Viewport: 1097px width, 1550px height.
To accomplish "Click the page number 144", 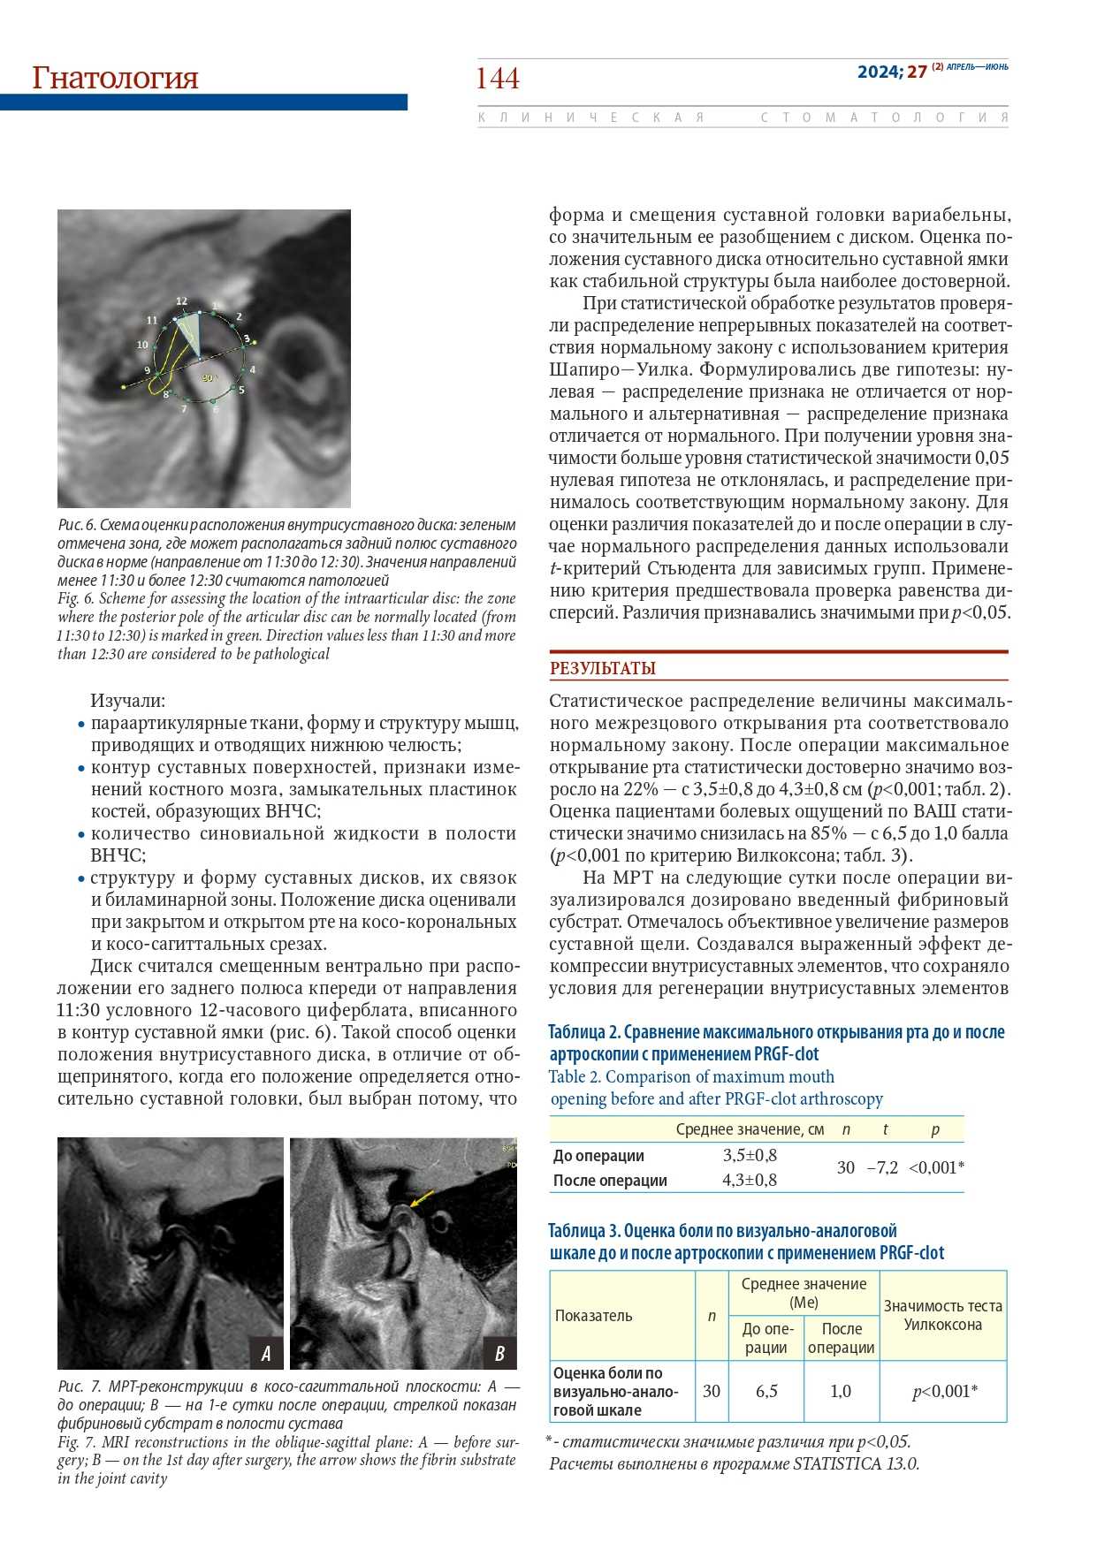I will [x=498, y=79].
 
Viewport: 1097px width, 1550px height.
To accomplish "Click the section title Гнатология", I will [x=115, y=78].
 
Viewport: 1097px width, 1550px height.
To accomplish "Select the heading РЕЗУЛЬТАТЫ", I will [x=603, y=668].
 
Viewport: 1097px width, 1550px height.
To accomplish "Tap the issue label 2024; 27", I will [x=891, y=72].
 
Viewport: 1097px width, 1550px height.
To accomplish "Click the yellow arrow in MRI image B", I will [x=422, y=1197].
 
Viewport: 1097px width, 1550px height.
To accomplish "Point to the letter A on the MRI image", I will [x=265, y=1352].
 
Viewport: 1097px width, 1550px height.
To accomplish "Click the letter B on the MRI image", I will [x=499, y=1352].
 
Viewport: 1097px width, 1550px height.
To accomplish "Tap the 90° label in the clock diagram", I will [x=209, y=377].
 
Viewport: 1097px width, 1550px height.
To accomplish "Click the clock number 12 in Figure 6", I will [x=181, y=301].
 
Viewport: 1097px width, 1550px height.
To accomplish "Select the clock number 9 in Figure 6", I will [x=148, y=371].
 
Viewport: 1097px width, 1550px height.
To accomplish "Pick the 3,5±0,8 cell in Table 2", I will [x=750, y=1155].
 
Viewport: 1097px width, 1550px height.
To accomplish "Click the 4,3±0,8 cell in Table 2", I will [x=750, y=1180].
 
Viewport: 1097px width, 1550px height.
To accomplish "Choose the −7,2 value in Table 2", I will [x=882, y=1167].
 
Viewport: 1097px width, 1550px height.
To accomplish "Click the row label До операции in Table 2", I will [x=598, y=1156].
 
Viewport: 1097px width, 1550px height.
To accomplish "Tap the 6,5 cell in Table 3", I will [x=766, y=1391].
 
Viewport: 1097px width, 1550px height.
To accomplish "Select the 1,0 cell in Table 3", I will [x=841, y=1391].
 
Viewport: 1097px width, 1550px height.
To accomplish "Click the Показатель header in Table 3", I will [x=593, y=1315].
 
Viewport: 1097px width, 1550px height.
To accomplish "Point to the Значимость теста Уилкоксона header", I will [x=943, y=1315].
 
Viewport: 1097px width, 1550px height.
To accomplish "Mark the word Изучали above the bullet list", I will [x=127, y=701].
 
